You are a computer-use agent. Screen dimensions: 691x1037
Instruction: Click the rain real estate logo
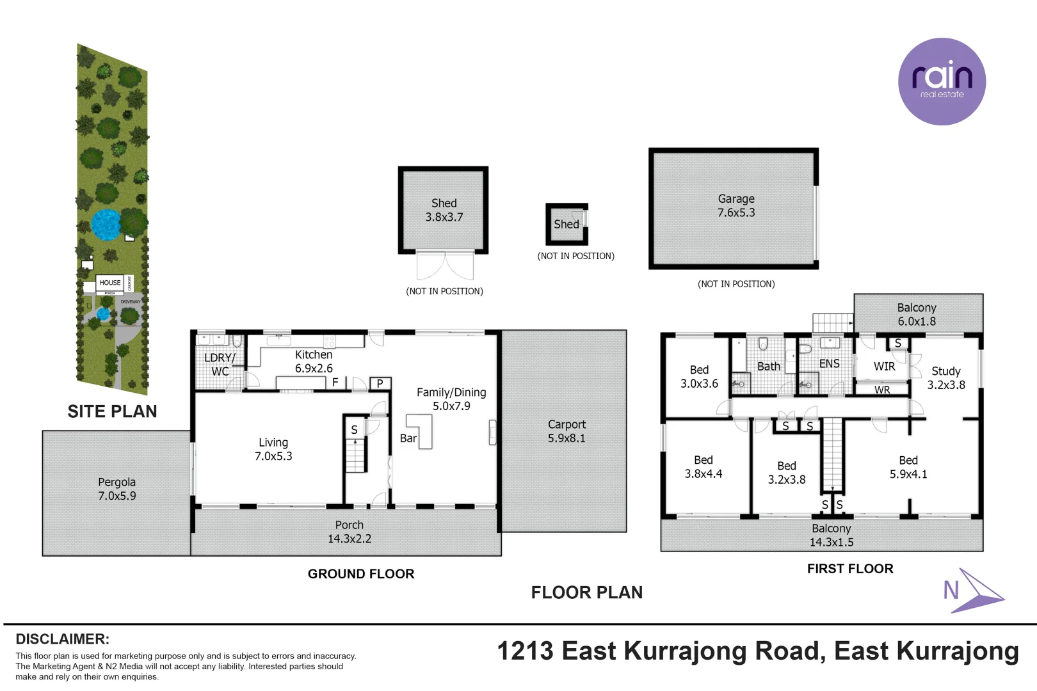click(942, 81)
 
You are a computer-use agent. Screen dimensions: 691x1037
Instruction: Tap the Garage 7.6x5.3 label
click(736, 206)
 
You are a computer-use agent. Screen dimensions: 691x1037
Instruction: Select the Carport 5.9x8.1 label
click(567, 431)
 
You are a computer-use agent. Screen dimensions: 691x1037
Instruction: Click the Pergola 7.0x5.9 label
click(117, 489)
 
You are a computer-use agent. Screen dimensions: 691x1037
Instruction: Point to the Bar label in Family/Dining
click(408, 438)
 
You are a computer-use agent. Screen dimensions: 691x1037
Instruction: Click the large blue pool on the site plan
click(106, 225)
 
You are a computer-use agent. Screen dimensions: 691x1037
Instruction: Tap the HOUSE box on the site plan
click(110, 283)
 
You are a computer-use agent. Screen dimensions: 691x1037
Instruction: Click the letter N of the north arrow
click(951, 590)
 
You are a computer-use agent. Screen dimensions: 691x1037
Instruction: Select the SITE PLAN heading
click(112, 411)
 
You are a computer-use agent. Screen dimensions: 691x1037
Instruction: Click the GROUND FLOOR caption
click(361, 574)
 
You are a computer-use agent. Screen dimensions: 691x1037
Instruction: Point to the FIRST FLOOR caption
click(849, 569)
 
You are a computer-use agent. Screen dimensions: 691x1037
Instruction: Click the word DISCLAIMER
click(62, 639)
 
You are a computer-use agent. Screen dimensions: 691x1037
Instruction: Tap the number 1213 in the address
click(525, 651)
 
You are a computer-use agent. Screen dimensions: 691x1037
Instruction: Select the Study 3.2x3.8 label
click(945, 378)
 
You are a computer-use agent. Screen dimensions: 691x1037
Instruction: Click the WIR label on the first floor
click(884, 367)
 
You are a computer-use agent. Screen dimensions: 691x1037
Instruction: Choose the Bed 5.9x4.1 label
click(908, 467)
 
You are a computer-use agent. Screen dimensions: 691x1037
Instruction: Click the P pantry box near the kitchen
click(380, 383)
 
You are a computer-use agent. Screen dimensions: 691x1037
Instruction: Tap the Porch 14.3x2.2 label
click(349, 532)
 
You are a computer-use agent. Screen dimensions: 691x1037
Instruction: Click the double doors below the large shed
click(445, 266)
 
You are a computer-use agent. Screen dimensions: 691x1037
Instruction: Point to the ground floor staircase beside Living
click(355, 455)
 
